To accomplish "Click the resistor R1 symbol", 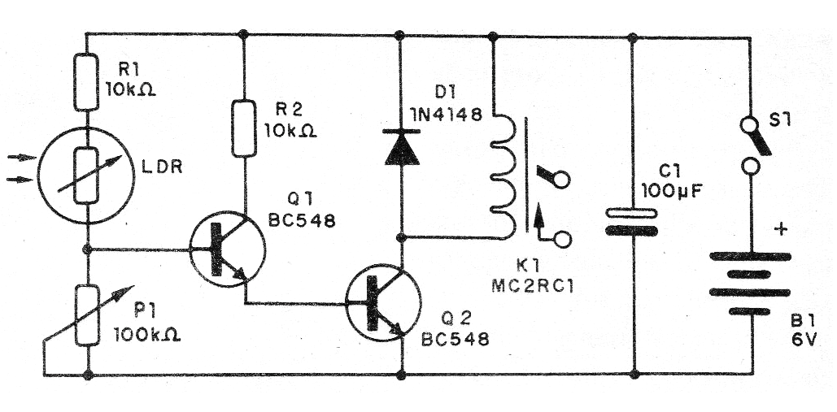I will click(86, 82).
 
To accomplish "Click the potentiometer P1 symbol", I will click(86, 313).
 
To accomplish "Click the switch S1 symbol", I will click(752, 147).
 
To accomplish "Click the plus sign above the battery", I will click(782, 229).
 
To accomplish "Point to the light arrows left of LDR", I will click(20, 167).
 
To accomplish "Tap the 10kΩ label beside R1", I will click(130, 89).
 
